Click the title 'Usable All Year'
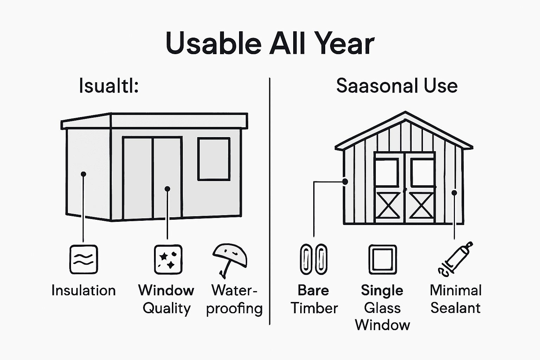(x=270, y=44)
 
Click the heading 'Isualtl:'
(x=109, y=86)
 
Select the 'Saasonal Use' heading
(x=397, y=86)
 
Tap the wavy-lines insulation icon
(x=83, y=259)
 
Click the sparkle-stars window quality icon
(x=168, y=259)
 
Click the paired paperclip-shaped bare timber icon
(x=314, y=259)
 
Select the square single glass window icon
(x=382, y=259)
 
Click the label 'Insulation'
(x=83, y=291)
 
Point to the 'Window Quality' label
(x=166, y=299)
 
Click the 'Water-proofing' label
(x=234, y=299)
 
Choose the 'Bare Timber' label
(x=314, y=299)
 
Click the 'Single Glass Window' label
(x=382, y=308)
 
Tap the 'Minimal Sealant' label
(x=455, y=299)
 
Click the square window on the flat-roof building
(x=214, y=159)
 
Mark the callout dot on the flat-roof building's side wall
(x=83, y=174)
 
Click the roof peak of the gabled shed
(x=405, y=114)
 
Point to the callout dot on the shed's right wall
(x=454, y=193)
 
